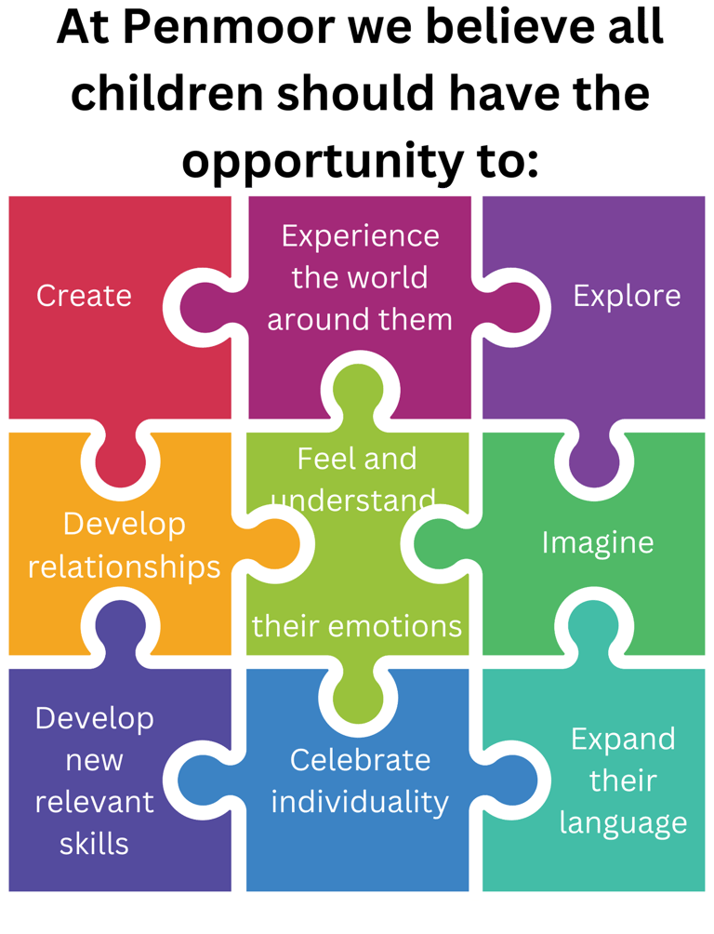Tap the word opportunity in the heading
click(307, 160)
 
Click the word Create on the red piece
click(84, 296)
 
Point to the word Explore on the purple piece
click(627, 296)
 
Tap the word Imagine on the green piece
click(598, 542)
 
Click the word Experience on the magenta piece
click(360, 236)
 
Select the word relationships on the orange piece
click(124, 567)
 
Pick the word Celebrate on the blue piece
click(360, 760)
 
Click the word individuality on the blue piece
click(360, 801)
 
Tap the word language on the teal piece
click(624, 822)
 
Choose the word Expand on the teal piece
click(623, 740)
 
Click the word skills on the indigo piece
click(94, 844)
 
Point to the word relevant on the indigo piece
click(94, 802)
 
